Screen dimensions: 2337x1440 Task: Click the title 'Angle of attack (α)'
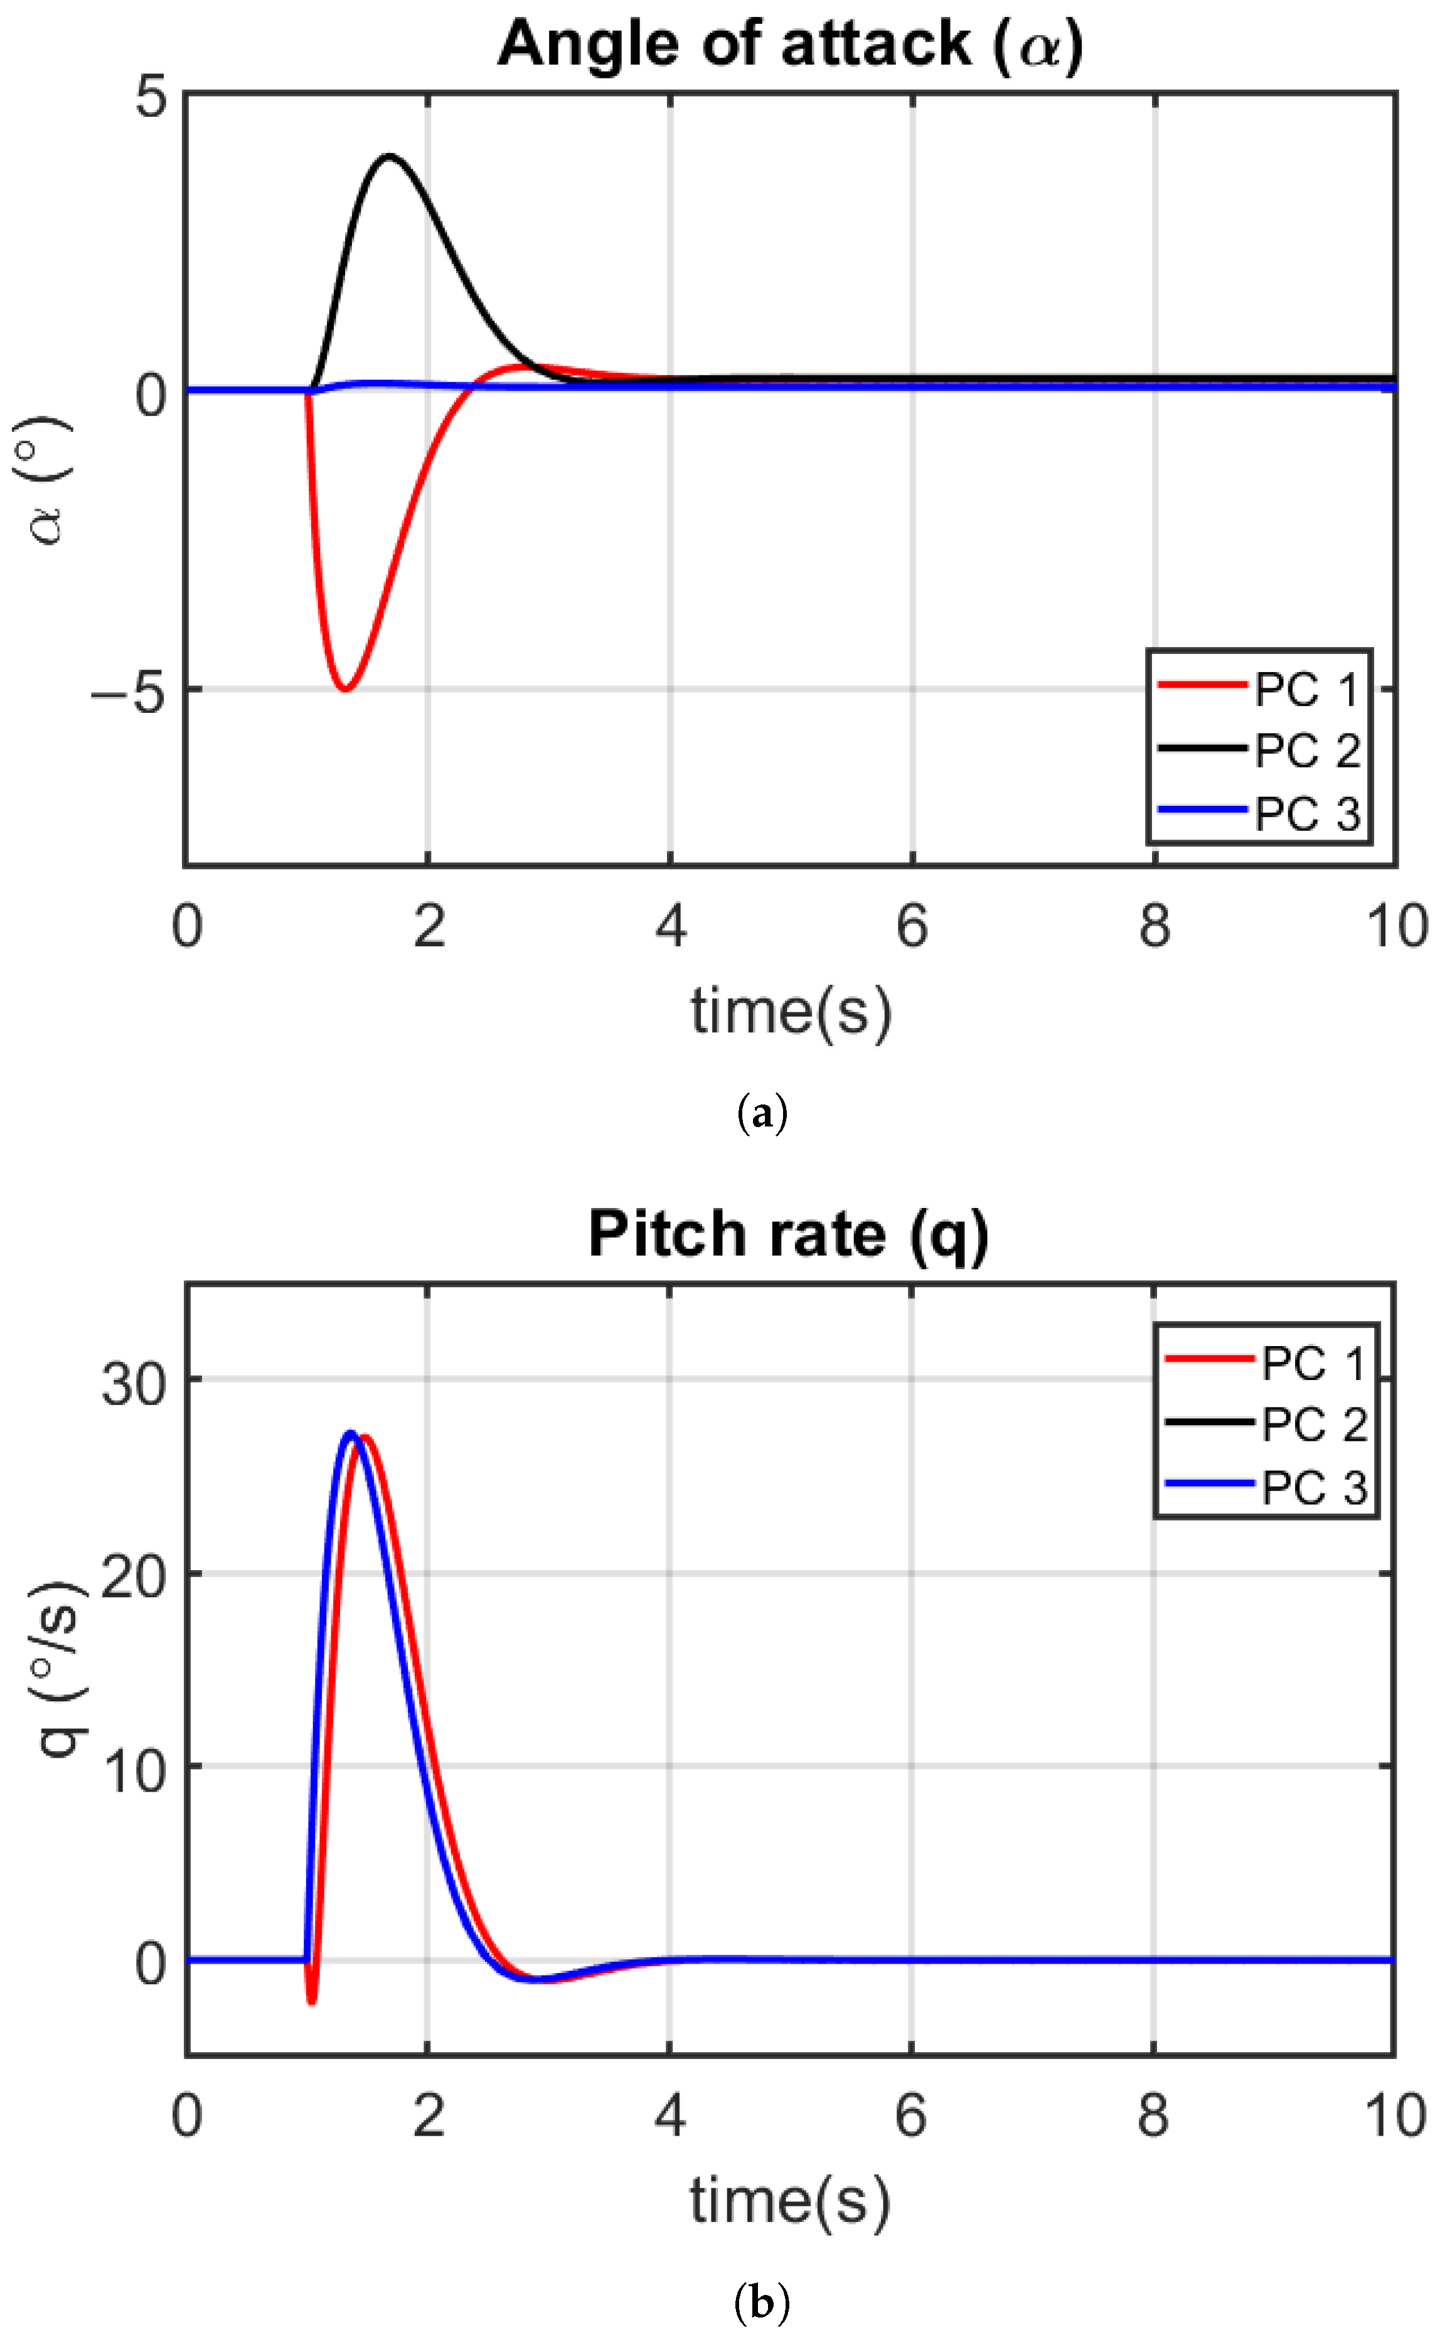(x=789, y=45)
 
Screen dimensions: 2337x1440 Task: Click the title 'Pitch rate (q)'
(x=789, y=1235)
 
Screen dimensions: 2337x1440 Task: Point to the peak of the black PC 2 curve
(x=388, y=156)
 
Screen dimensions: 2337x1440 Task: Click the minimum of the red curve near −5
(x=346, y=688)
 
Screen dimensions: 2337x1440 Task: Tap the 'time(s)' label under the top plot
(x=791, y=1012)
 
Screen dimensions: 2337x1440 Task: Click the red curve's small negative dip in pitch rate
(x=311, y=2000)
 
